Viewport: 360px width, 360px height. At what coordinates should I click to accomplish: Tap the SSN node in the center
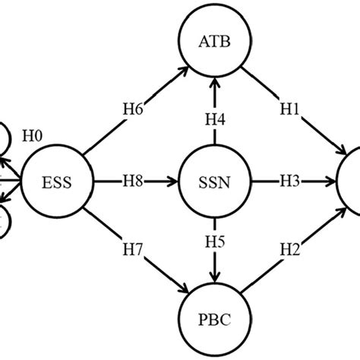216,182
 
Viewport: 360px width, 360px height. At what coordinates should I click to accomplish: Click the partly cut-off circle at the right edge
351,182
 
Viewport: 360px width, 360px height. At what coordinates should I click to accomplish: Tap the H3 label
289,182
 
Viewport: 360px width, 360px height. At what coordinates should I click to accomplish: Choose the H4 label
216,118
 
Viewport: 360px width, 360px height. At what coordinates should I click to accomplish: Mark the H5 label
216,245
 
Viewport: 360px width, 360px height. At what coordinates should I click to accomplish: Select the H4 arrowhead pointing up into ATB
216,84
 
